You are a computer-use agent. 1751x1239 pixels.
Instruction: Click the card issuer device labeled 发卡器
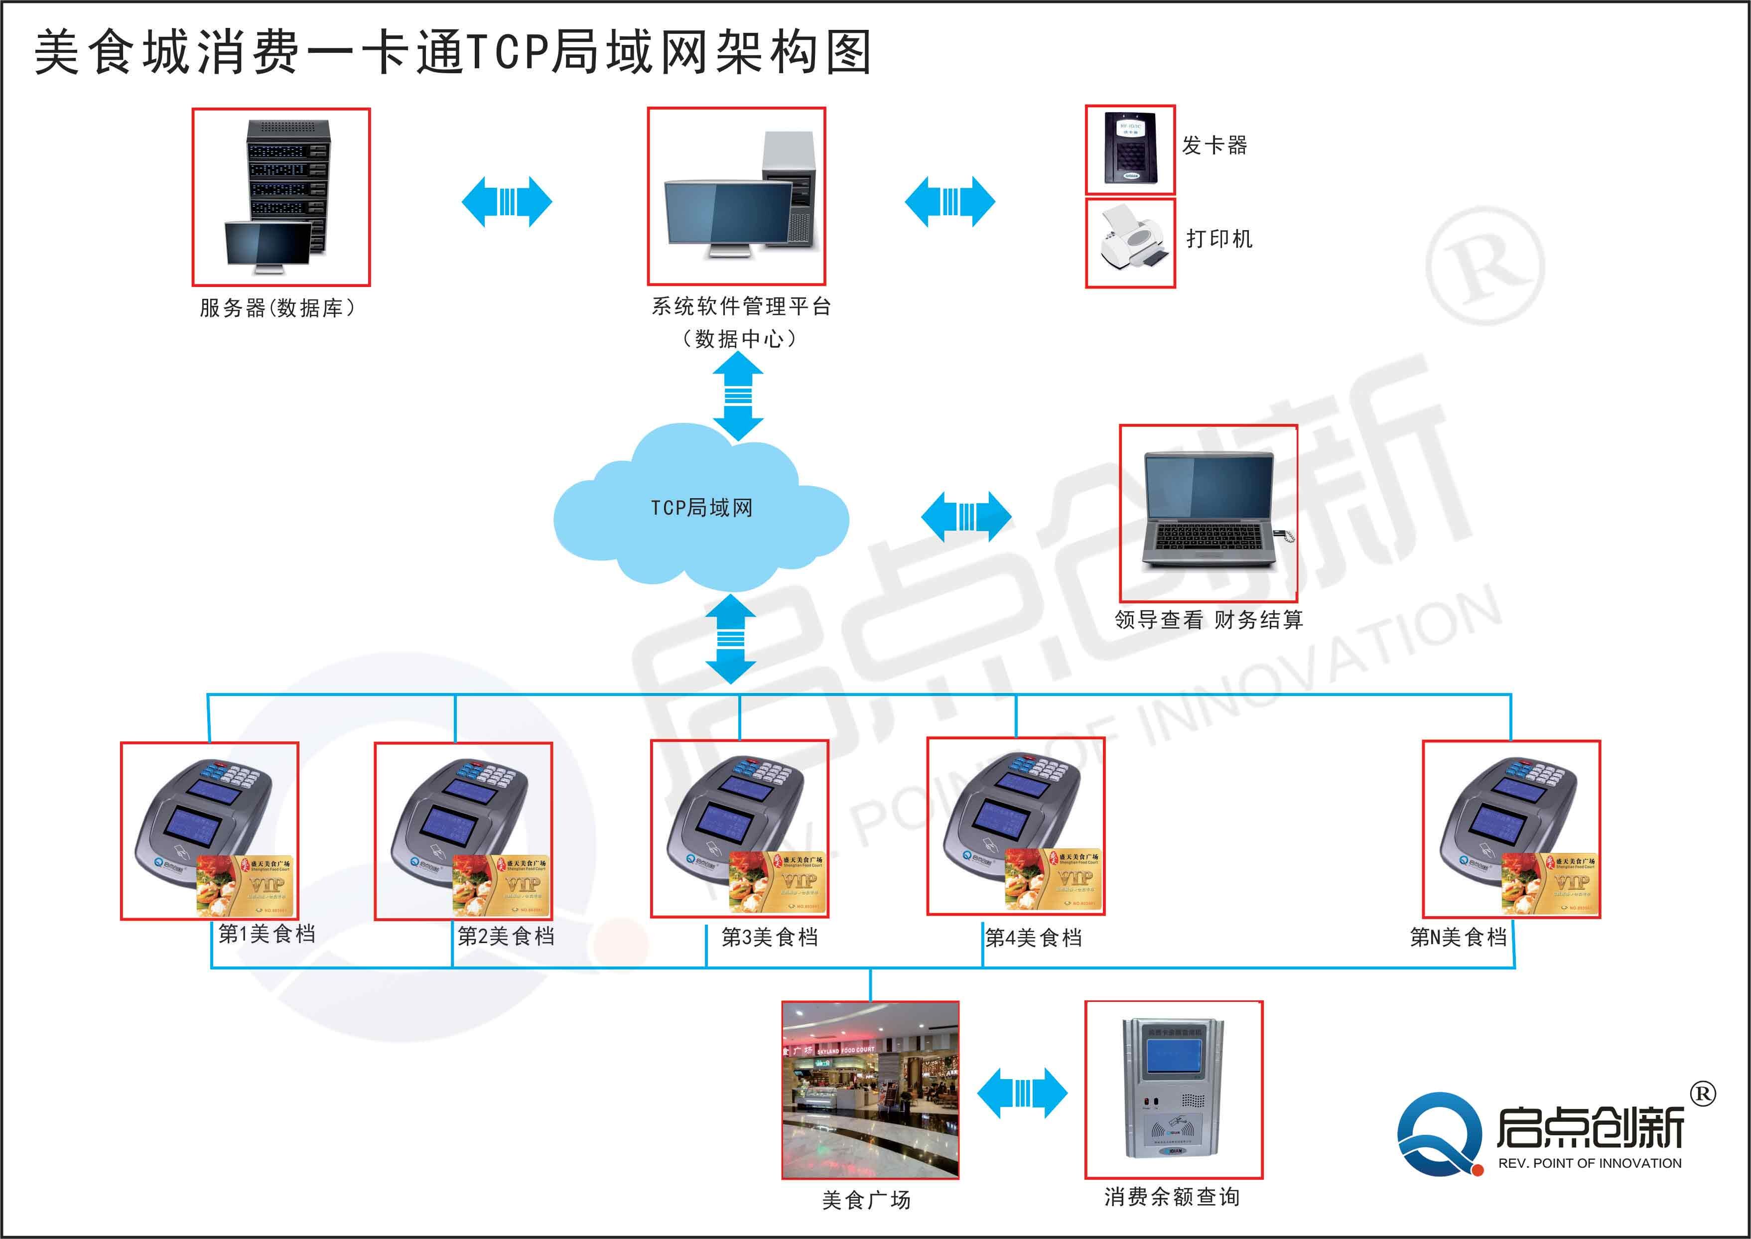click(1130, 149)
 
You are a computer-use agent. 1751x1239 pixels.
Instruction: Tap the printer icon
click(1130, 243)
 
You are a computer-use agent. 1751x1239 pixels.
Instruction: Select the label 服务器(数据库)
click(277, 308)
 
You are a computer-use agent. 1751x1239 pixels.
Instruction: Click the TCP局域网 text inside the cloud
click(701, 508)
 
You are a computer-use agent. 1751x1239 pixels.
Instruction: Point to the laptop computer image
click(1210, 513)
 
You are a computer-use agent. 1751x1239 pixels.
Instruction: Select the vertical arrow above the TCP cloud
click(738, 395)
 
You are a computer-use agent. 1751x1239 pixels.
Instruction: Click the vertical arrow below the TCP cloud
click(731, 639)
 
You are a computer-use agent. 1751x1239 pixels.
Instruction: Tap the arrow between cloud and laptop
click(966, 517)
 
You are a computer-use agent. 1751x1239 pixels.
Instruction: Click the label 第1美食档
click(267, 934)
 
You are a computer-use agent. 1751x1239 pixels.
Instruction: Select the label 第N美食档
click(1458, 937)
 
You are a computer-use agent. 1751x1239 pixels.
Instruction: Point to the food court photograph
click(870, 1090)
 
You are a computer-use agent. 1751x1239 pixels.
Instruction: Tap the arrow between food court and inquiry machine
click(1022, 1094)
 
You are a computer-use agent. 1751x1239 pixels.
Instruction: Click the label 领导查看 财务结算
click(1209, 620)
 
